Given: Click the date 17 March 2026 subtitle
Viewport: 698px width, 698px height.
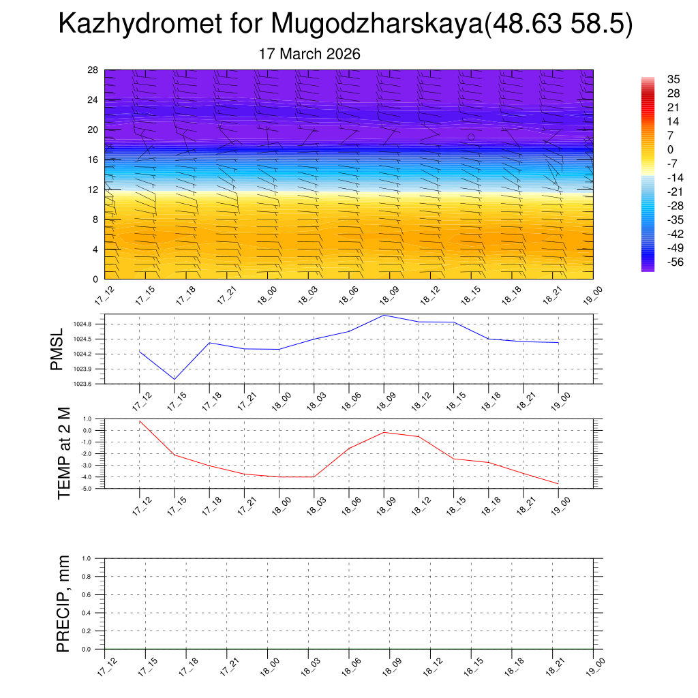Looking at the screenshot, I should coord(309,54).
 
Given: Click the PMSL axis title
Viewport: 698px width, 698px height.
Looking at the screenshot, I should coord(57,350).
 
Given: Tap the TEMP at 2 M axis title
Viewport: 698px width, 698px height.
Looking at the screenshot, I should coord(64,453).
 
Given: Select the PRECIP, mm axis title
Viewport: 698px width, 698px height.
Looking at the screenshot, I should coord(63,604).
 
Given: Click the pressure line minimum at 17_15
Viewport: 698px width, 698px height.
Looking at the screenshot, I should coord(175,379).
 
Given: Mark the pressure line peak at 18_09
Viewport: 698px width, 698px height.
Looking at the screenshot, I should coord(384,315).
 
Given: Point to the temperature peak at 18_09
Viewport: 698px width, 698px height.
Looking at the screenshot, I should coord(384,432).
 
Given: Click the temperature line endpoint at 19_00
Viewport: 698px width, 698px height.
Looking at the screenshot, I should coord(559,484).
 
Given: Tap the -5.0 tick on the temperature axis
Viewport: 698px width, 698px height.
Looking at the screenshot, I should coord(87,489).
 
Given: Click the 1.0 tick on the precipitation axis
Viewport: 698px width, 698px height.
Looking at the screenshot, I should coord(87,558).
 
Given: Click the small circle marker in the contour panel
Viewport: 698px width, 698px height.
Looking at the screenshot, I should coord(471,137).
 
